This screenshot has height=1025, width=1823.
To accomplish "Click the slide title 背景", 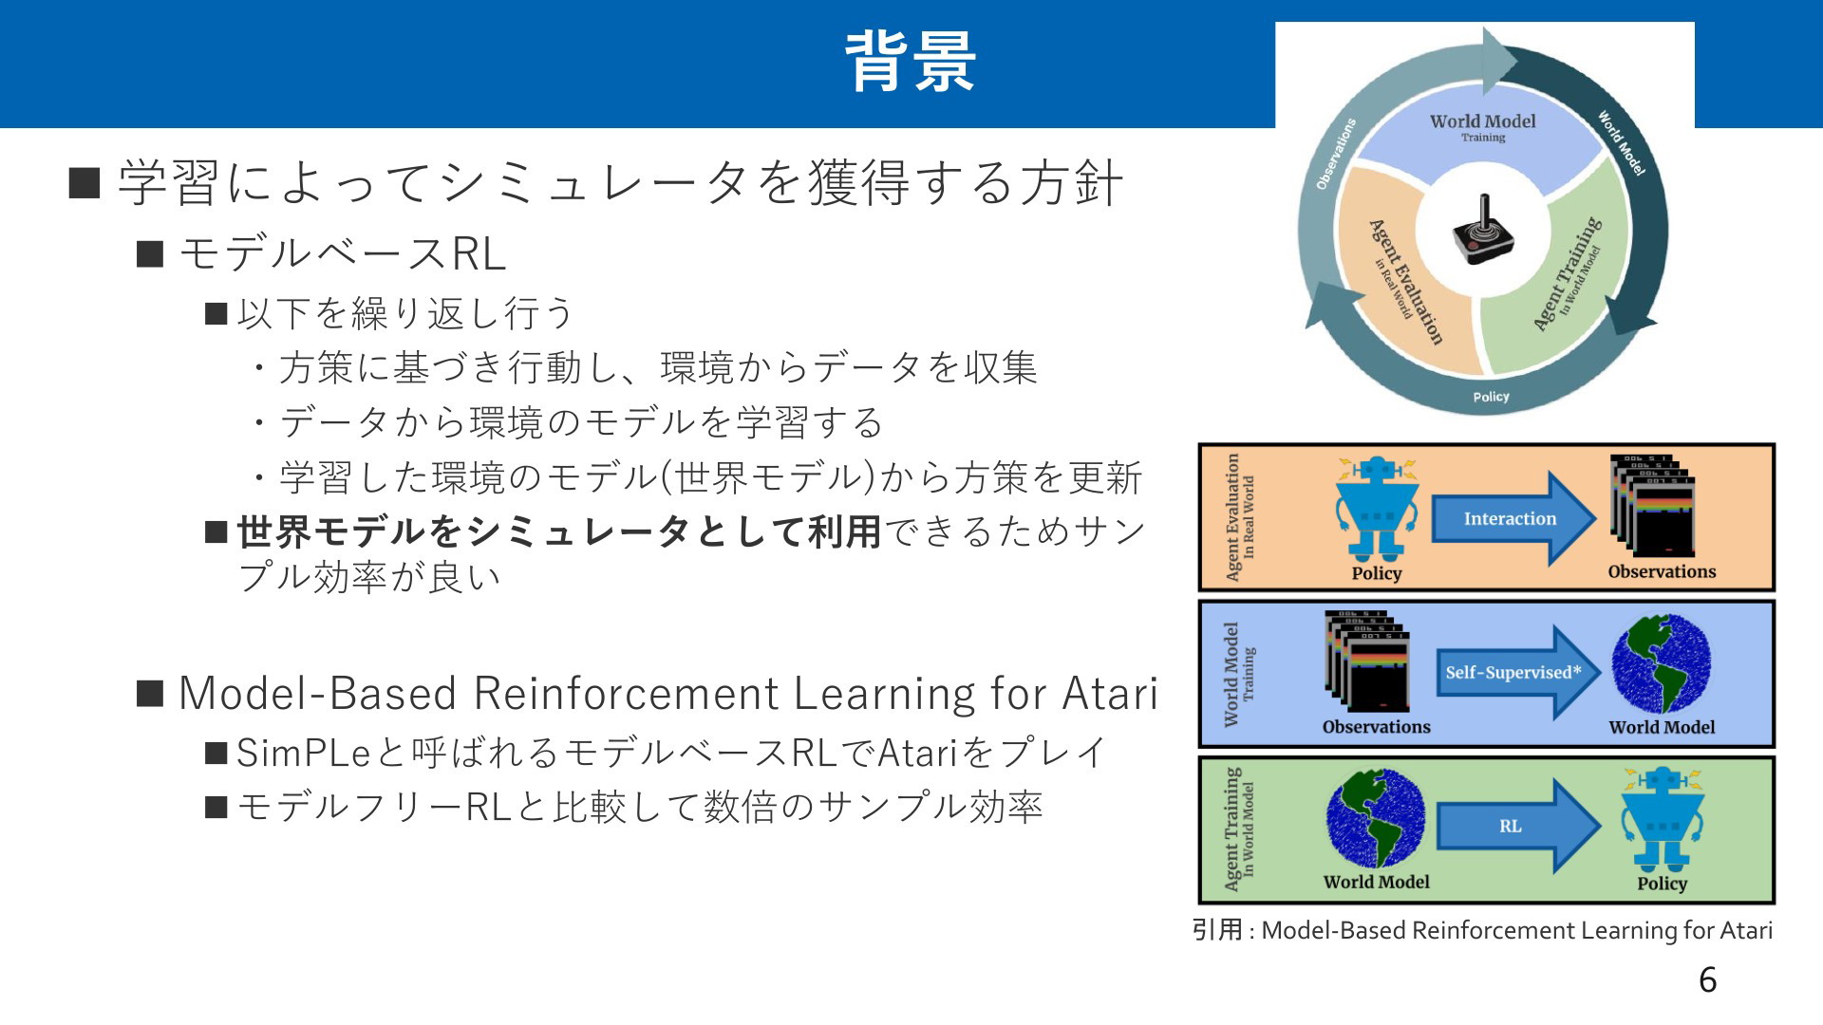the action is coord(911,63).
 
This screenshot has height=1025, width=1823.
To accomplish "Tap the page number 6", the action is coord(1707,980).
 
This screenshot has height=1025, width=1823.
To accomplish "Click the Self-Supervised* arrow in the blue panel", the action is coord(1517,672).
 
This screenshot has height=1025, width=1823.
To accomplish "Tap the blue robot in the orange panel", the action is coord(1376,509).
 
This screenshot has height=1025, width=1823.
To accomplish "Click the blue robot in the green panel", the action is coord(1663,819).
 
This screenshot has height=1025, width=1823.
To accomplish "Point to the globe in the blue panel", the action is coord(1662,664).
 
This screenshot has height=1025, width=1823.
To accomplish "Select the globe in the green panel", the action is coord(1376,818).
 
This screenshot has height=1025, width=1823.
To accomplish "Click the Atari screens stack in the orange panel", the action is coord(1653,506).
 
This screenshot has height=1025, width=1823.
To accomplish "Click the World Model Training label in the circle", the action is coord(1482,127).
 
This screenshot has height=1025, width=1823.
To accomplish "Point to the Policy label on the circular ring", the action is coord(1491,397).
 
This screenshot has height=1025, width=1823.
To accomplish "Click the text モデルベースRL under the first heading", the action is coord(343,253).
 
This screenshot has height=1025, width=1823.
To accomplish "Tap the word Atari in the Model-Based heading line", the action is coord(1110,693).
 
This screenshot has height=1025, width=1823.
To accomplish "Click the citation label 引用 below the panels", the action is coord(1217,929).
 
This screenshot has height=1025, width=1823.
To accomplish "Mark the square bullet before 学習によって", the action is coord(85,182).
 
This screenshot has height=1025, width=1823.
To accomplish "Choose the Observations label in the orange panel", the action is coord(1662,571).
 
